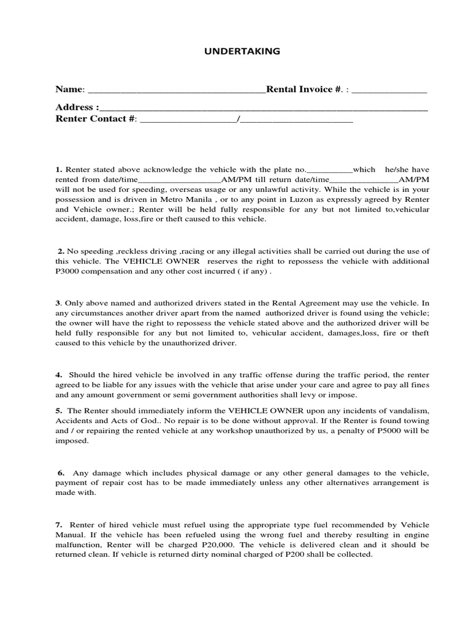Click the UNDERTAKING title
(242, 52)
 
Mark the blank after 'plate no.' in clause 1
(329, 170)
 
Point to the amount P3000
(69, 272)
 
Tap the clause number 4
(59, 374)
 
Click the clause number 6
(61, 472)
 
